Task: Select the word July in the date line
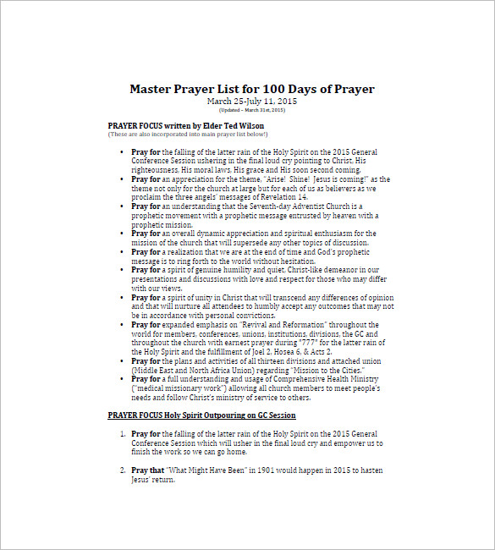pos(259,102)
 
